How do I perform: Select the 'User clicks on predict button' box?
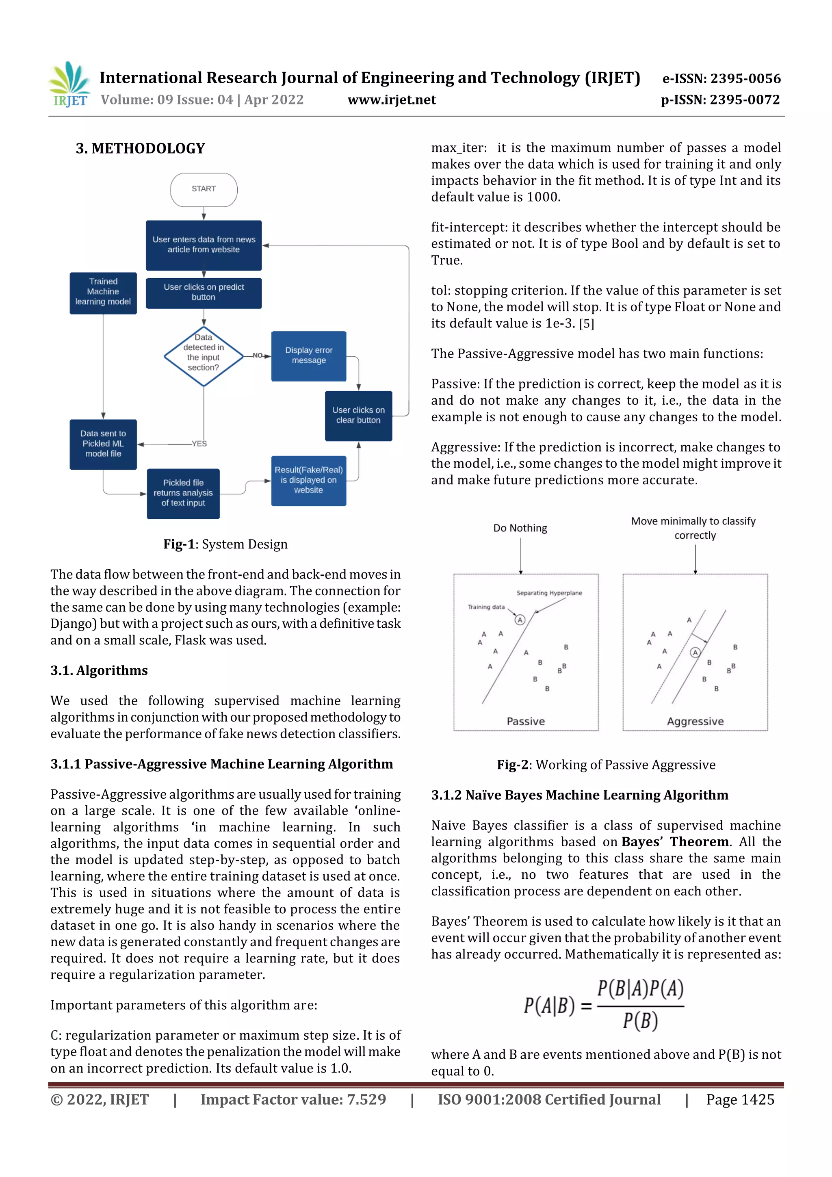pos(204,293)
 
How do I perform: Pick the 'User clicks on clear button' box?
pos(358,415)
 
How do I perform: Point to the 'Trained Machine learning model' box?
pos(103,292)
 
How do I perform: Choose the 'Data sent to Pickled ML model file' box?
pos(103,444)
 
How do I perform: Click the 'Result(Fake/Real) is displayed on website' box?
pos(309,480)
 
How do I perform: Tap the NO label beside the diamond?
pos(257,355)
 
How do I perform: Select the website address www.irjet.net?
pos(392,100)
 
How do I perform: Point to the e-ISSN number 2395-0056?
pos(721,78)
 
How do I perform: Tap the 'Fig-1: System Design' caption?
pos(225,544)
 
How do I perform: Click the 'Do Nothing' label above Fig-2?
pos(520,528)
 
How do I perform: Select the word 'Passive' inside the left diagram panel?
pos(525,721)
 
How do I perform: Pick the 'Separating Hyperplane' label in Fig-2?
pos(549,593)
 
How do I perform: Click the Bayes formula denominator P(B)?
pos(640,1021)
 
